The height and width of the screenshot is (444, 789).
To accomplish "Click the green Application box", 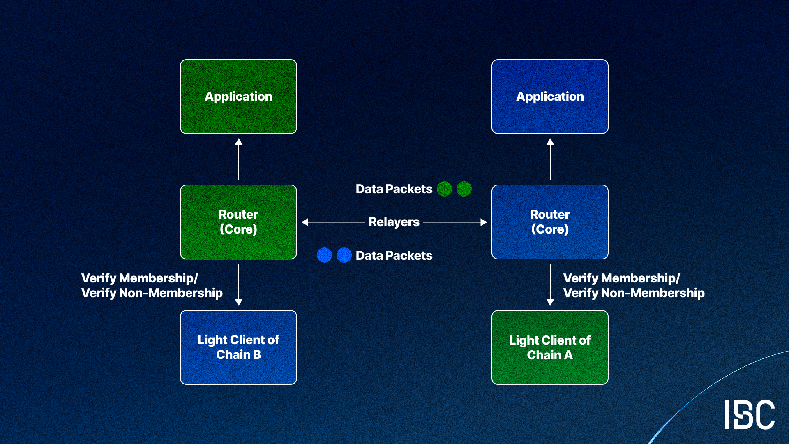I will click(238, 97).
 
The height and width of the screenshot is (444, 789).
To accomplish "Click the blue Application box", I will click(550, 97).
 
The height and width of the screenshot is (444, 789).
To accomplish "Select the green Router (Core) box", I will click(238, 222).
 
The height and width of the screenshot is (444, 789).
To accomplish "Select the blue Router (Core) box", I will click(550, 222).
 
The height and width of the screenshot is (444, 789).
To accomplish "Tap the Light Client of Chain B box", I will click(238, 347).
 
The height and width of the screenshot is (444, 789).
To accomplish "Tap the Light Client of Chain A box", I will click(550, 347).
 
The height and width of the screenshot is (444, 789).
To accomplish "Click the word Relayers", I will click(394, 222).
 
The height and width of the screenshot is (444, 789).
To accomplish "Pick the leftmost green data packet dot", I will click(444, 189).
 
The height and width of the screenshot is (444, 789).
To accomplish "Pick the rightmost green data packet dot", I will click(464, 189).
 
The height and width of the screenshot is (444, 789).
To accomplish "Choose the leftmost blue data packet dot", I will click(324, 255).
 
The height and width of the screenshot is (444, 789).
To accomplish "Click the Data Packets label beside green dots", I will click(394, 189).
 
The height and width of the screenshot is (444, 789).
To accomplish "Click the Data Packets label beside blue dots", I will click(394, 256).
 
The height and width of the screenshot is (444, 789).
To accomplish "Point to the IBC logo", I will click(749, 414).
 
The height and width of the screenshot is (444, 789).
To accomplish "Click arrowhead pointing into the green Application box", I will click(238, 142).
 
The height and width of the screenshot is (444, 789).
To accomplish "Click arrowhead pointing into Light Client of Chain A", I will click(550, 302).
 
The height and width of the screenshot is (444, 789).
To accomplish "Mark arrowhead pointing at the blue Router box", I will click(484, 222).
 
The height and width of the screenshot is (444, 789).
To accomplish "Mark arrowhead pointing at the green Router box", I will click(305, 222).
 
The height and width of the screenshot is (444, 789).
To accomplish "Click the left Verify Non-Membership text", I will click(152, 293).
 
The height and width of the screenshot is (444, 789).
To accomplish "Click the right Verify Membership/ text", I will click(621, 278).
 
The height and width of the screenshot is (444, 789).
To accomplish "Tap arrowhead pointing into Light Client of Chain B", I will click(238, 302).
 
